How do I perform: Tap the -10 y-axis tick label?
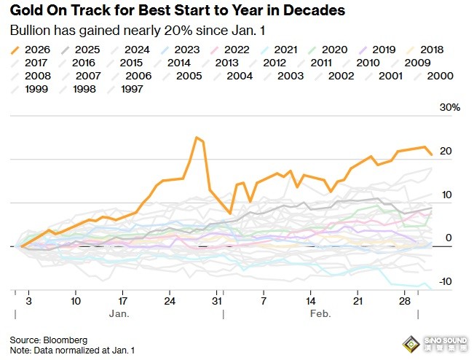[446, 282]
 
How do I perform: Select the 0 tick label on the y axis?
[449, 238]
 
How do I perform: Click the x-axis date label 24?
[169, 300]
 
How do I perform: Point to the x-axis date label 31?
[216, 300]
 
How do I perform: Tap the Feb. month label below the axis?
[320, 314]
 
